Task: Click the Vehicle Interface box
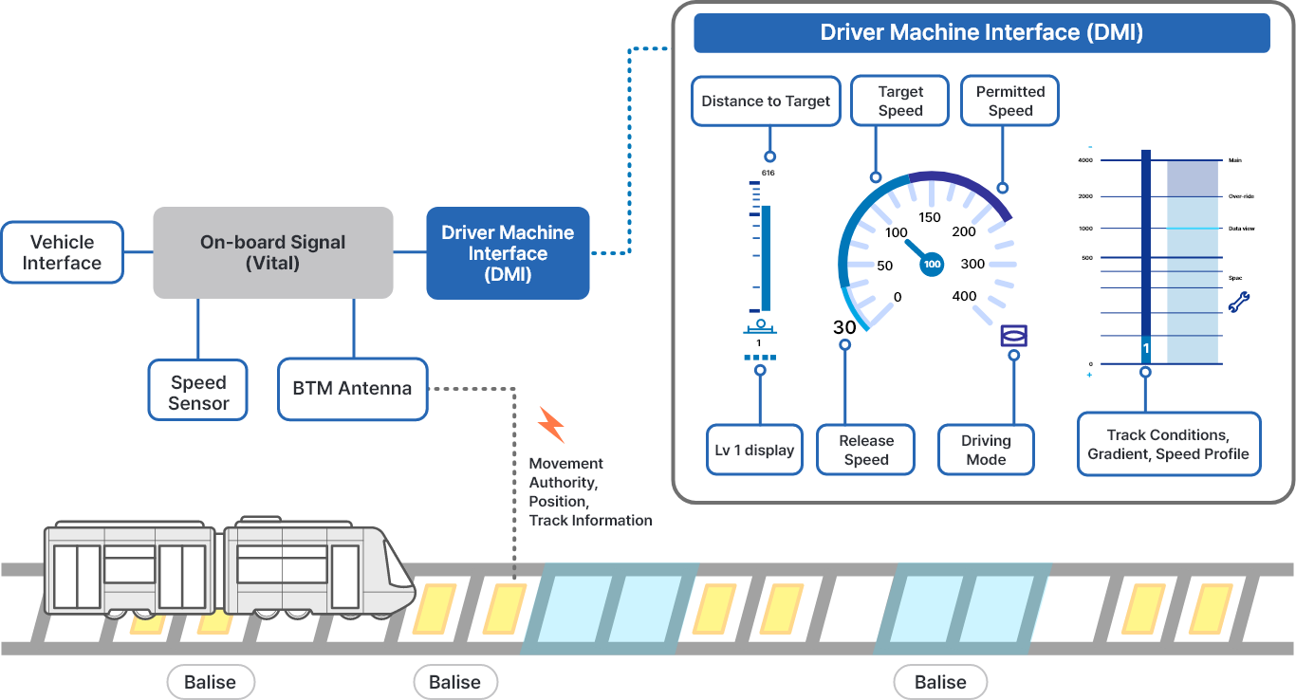point(63,252)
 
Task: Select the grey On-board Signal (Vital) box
point(273,252)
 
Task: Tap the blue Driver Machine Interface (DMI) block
point(508,253)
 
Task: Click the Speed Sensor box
point(198,390)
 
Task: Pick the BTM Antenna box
point(352,388)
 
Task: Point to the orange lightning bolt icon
point(551,425)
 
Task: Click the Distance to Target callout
point(766,101)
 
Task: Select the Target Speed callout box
point(900,101)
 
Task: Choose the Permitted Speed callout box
point(1010,101)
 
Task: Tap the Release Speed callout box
point(866,450)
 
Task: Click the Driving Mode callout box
point(986,450)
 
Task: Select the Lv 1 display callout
point(755,450)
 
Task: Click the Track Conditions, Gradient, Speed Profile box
point(1169,444)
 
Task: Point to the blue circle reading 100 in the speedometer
point(932,265)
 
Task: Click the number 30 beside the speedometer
point(844,327)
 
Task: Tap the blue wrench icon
point(1239,303)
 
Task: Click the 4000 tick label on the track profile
point(1084,160)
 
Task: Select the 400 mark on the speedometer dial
point(964,296)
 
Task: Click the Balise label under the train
point(211,682)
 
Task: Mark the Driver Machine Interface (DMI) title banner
point(981,33)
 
